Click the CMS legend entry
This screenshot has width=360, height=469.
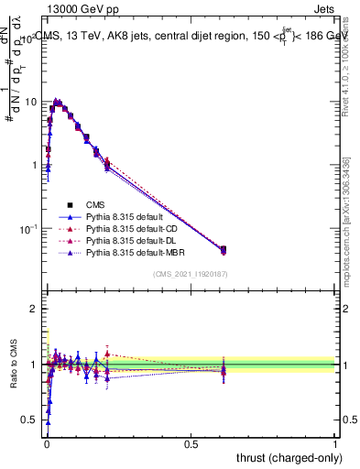(96, 204)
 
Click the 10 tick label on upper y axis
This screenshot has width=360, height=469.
(30, 102)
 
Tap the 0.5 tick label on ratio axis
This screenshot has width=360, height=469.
(29, 420)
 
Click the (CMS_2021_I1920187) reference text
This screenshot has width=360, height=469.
(191, 274)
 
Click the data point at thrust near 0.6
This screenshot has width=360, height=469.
(224, 249)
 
